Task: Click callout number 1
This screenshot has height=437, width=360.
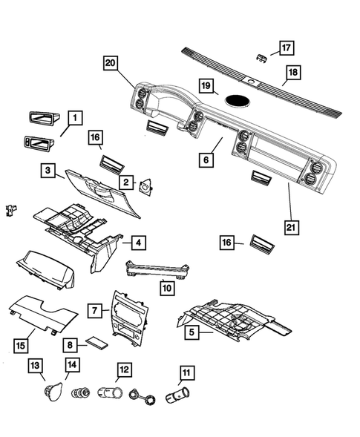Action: pyautogui.click(x=76, y=117)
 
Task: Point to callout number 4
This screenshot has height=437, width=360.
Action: pyautogui.click(x=138, y=242)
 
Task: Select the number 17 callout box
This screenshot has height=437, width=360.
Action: pyautogui.click(x=286, y=48)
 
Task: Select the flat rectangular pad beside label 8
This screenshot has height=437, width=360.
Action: pyautogui.click(x=96, y=344)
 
